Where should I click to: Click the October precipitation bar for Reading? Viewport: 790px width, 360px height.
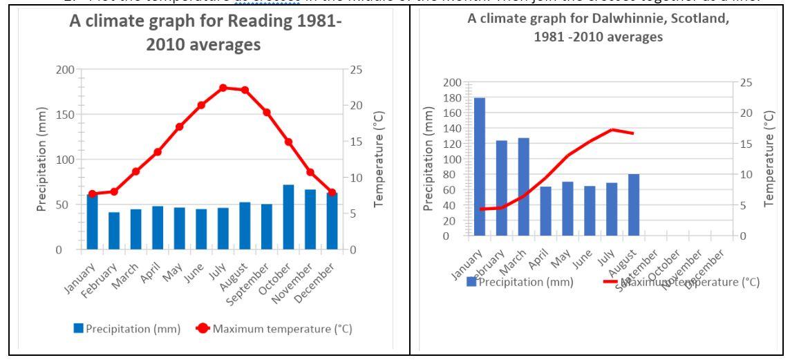289,217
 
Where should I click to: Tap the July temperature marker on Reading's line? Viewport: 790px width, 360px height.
223,88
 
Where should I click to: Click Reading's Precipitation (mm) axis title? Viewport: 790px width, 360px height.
43,160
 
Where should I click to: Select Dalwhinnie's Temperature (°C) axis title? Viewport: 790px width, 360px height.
770,159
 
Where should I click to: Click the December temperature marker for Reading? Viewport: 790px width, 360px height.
332,193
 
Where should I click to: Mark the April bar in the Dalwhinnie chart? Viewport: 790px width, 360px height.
545,211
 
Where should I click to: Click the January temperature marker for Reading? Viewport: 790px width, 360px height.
92,193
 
